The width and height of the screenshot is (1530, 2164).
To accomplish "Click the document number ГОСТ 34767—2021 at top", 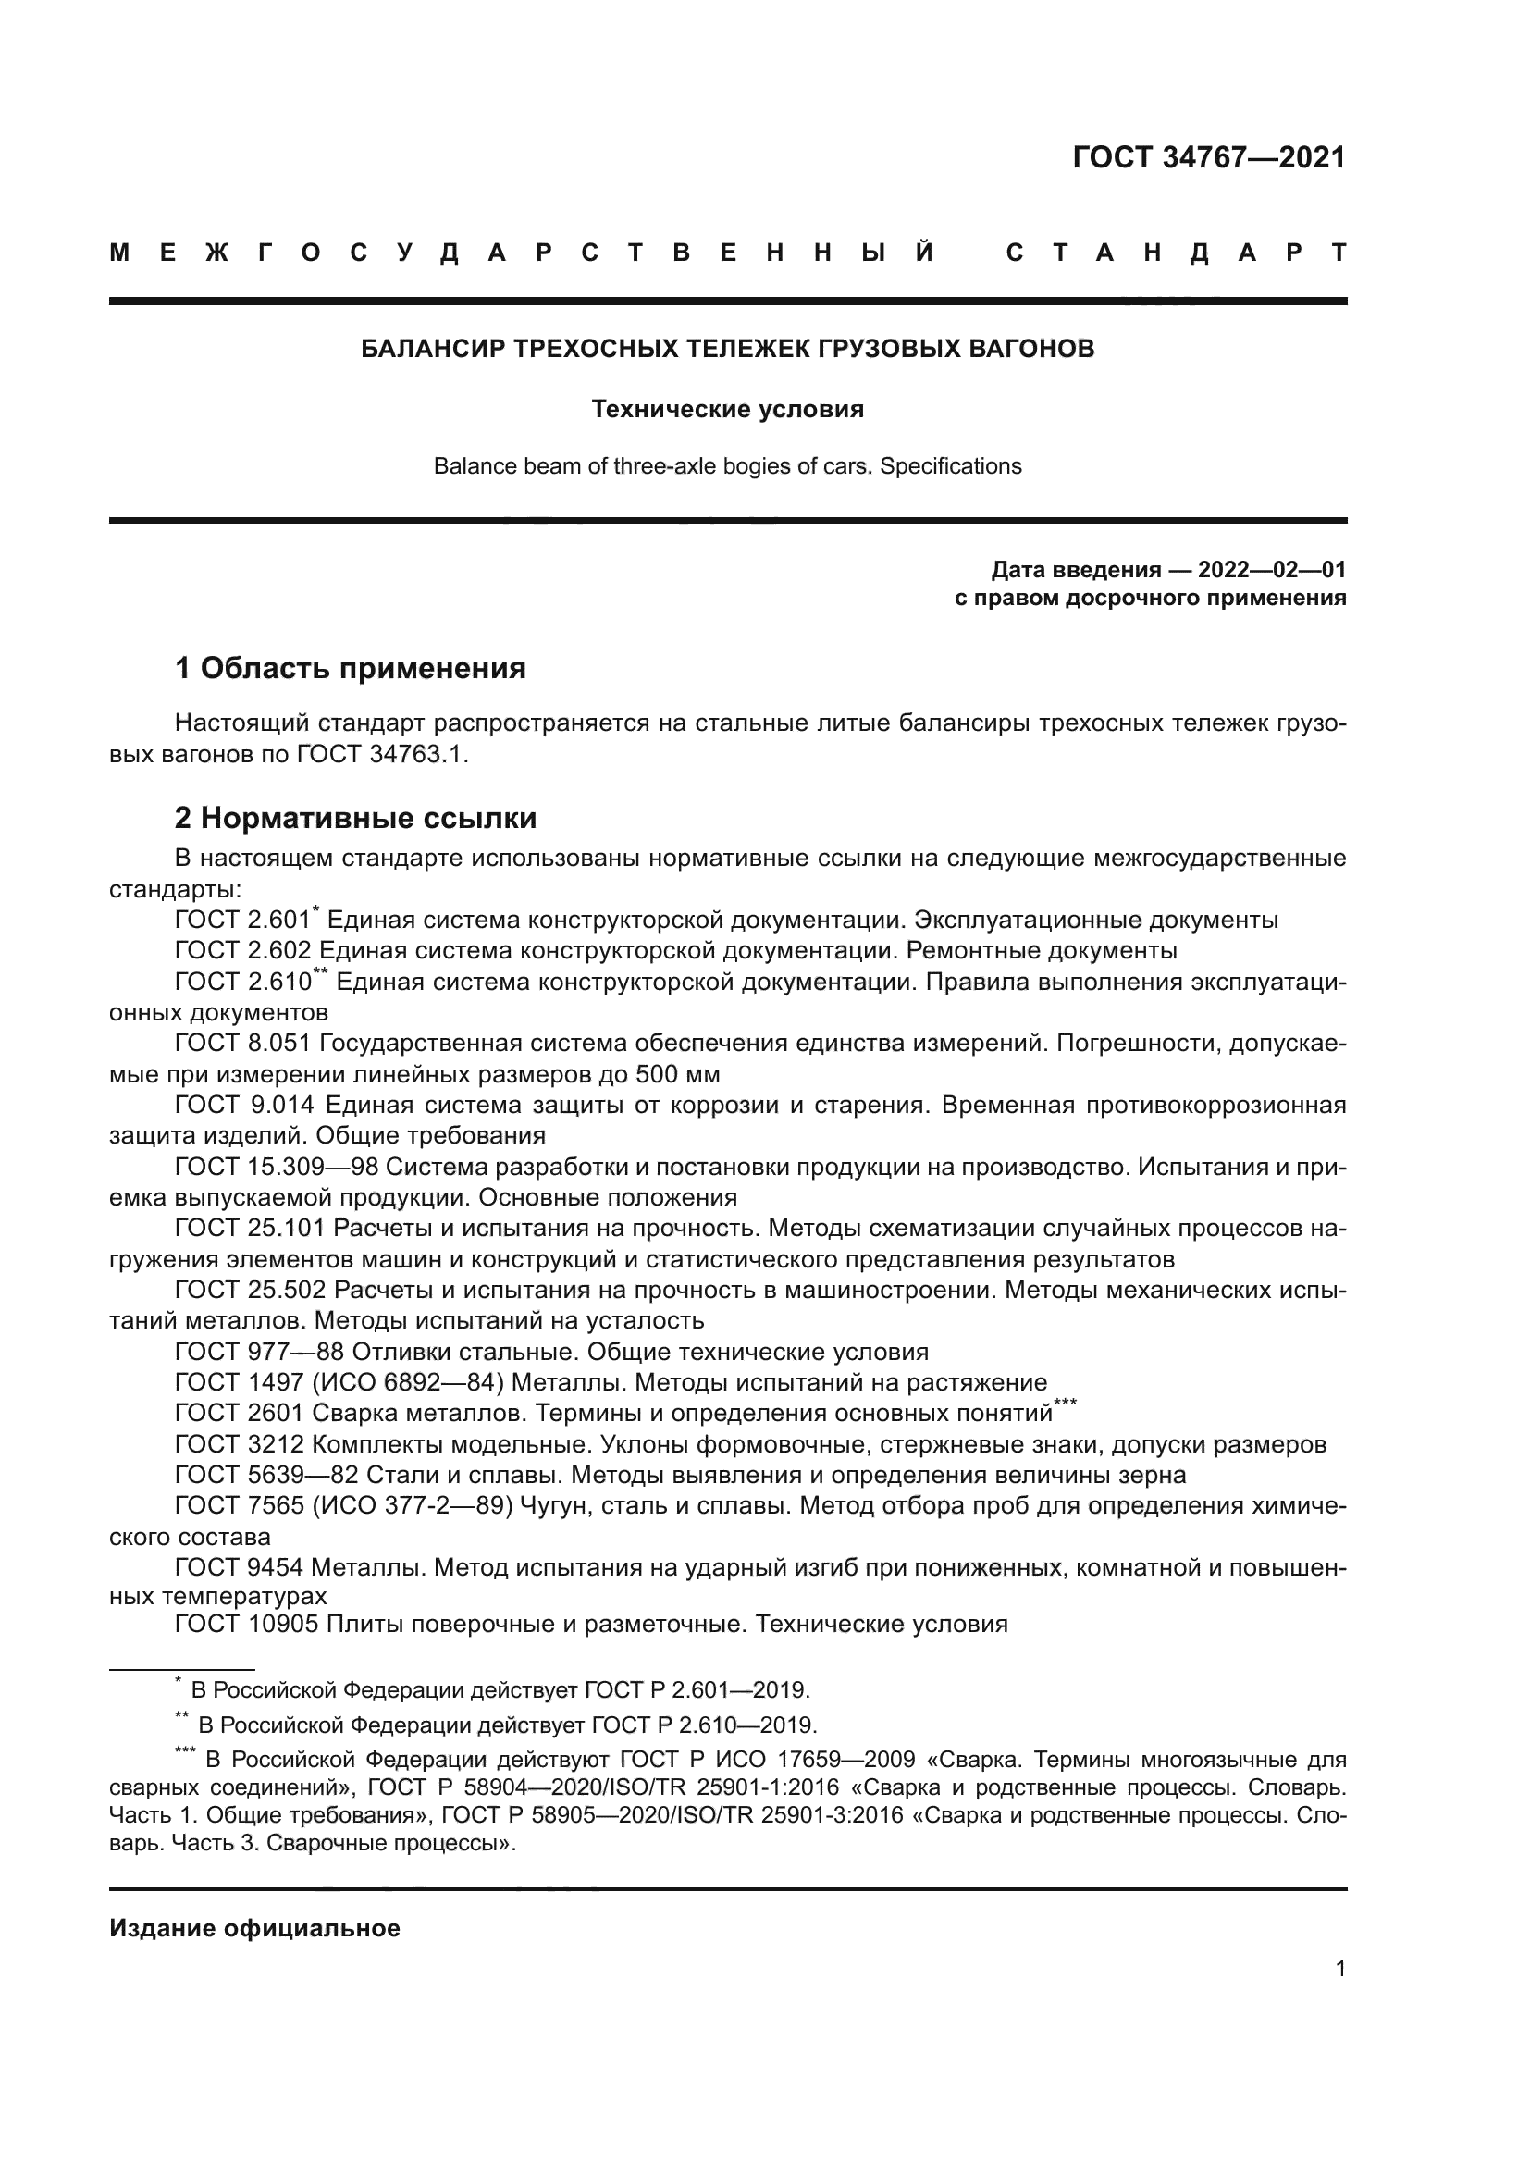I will pos(1209,157).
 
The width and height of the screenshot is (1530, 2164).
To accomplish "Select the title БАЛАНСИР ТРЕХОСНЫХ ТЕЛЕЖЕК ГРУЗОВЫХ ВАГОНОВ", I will pos(727,350).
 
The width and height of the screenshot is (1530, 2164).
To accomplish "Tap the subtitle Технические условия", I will pos(727,409).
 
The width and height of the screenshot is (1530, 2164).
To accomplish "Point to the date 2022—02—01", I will pos(1271,569).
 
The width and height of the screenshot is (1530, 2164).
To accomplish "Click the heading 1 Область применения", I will pos(351,669).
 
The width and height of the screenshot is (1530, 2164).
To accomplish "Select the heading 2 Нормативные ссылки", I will pos(355,818).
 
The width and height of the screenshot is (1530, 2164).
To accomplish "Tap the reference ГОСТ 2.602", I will pos(242,951).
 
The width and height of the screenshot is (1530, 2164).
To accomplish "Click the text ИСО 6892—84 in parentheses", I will pos(413,1382).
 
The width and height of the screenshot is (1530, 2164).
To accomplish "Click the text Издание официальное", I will pos(254,1928).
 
